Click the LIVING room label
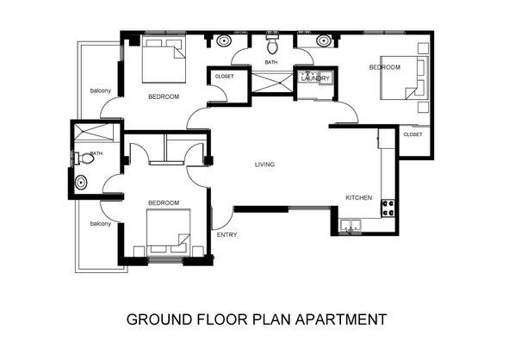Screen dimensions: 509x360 coord(264,164)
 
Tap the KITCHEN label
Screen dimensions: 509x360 coord(358,198)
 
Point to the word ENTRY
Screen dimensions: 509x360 coord(227,235)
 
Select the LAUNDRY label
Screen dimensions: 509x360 coord(315,78)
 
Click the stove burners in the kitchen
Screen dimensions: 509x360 coord(388,208)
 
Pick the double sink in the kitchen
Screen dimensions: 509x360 coord(351,226)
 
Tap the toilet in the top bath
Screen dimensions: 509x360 coord(272,45)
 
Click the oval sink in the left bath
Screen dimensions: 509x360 coord(81,183)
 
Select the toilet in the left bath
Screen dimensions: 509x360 coord(85,158)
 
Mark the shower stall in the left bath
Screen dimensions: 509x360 coord(94,132)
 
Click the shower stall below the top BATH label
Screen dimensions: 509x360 coord(272,83)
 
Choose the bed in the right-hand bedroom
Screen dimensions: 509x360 coord(404,78)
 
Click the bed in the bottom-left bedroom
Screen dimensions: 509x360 coord(168,231)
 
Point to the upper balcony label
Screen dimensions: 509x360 coord(100,90)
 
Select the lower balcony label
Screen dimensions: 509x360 coord(100,224)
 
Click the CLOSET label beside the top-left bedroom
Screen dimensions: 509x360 coord(224,77)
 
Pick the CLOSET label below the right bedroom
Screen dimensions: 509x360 coord(413,134)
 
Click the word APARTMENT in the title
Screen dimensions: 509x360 coord(341,320)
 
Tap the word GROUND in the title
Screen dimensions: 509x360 coord(159,320)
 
